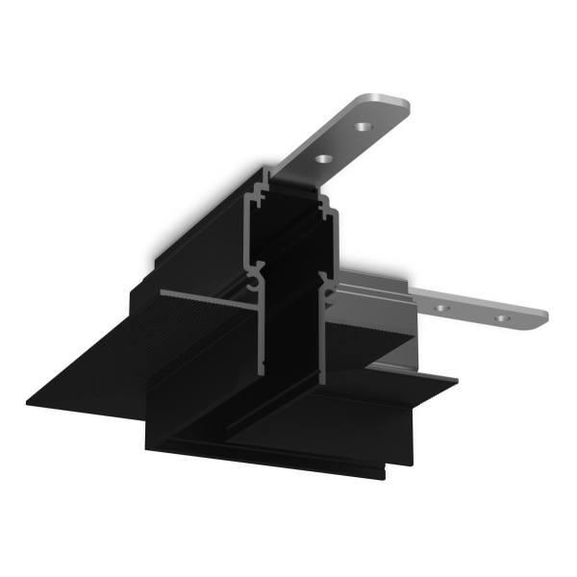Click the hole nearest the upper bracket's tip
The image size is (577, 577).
pos(363,126)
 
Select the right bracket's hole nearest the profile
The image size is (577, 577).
pos(442,308)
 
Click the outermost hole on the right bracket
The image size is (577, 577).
pos(500,315)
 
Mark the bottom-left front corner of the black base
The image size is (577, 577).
pos(147,449)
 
